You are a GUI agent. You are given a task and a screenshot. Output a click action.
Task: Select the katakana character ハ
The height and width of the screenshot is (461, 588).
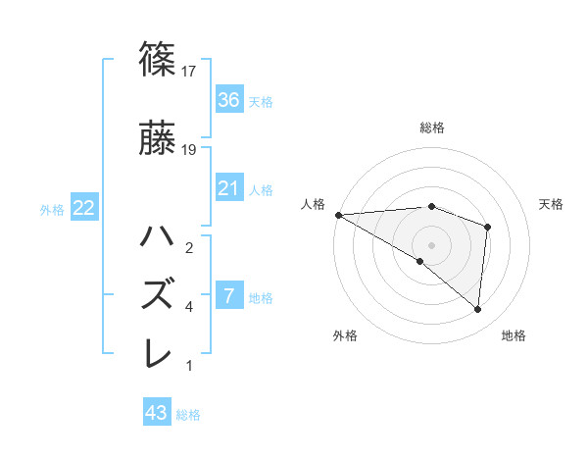point(159,237)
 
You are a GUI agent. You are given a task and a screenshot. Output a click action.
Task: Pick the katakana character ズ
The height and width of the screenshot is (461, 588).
point(159,294)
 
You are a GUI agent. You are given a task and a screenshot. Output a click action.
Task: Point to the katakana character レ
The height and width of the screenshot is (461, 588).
point(159,352)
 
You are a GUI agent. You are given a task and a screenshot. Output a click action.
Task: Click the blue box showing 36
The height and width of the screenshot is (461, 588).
point(228,100)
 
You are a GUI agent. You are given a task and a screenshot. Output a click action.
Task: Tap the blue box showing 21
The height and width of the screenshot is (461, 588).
point(228,188)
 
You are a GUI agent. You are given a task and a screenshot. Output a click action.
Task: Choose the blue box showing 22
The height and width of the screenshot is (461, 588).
point(83,209)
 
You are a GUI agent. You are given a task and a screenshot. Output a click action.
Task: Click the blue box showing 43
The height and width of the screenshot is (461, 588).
point(157,413)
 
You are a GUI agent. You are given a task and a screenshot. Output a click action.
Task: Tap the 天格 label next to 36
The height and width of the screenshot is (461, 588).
point(261,101)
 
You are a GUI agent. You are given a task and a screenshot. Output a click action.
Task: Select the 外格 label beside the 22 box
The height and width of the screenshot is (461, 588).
point(52,210)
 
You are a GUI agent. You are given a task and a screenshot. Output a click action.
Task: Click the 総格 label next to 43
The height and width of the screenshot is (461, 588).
point(188,415)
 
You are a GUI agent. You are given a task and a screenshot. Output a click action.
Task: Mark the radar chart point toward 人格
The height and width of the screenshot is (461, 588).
point(338,215)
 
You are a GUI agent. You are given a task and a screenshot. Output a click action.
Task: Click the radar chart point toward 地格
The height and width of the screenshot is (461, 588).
point(477,310)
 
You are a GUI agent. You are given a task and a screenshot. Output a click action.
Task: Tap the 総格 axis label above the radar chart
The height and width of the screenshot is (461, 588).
point(431,128)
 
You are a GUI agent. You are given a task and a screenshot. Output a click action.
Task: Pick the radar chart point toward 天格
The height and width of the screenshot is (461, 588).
point(487,228)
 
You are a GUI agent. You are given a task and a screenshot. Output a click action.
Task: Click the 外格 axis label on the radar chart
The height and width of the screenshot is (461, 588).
point(345,336)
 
